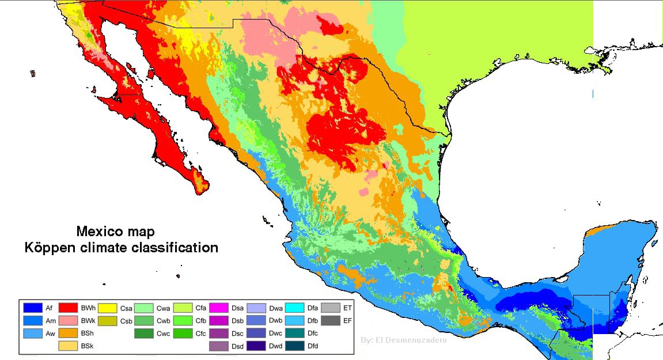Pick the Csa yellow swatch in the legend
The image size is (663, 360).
click(x=107, y=308)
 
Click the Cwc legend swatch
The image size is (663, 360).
click(x=144, y=333)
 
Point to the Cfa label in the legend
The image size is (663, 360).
click(x=200, y=308)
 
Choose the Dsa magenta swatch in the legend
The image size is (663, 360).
click(x=219, y=308)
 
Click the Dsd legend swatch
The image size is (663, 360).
click(x=219, y=346)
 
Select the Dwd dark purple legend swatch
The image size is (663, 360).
click(x=256, y=346)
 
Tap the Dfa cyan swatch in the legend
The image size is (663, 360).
click(x=294, y=308)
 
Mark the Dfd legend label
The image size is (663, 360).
click(x=312, y=346)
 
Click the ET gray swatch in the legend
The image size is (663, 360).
click(x=331, y=308)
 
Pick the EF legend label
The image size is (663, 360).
click(x=347, y=320)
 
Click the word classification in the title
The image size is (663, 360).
click(x=179, y=248)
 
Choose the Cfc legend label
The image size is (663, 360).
click(x=200, y=333)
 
